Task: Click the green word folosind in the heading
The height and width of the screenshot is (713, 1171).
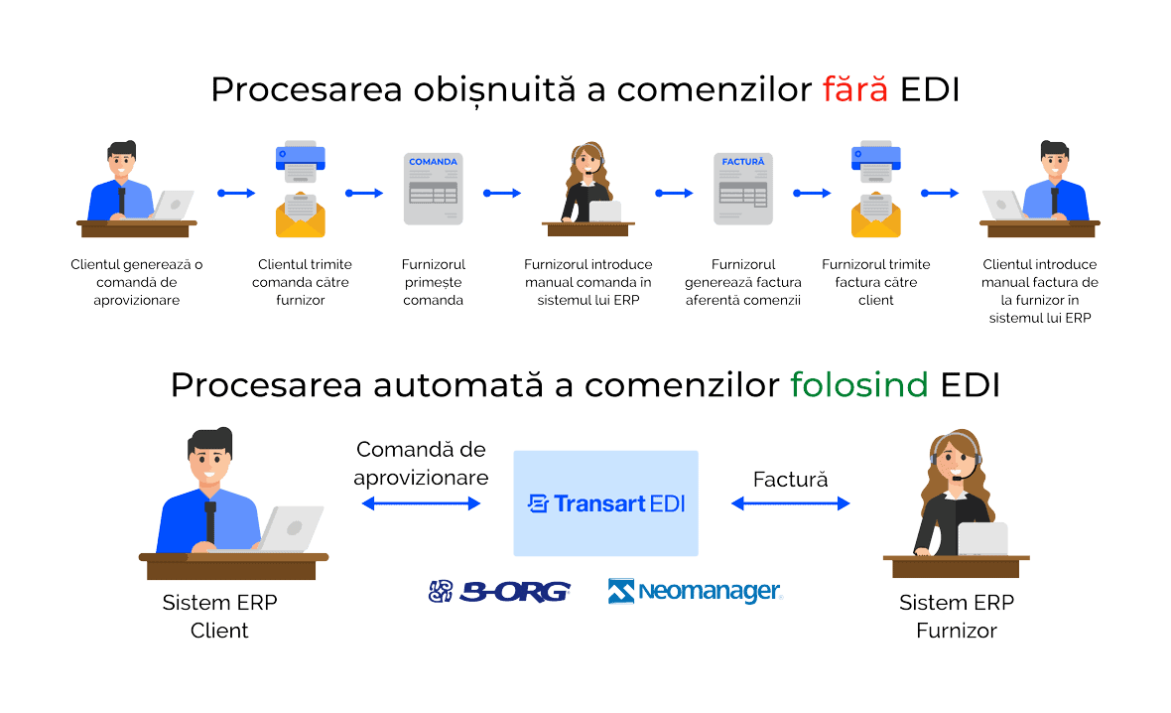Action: (x=859, y=385)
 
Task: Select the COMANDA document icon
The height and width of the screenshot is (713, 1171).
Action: (x=433, y=189)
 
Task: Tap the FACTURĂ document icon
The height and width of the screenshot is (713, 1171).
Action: (x=743, y=189)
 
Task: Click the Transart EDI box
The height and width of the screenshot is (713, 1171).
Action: (x=605, y=503)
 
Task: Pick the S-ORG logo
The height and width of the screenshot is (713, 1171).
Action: (x=499, y=592)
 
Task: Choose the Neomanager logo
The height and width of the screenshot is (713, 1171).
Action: (x=696, y=592)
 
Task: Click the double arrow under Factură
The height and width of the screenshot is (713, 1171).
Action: (x=791, y=504)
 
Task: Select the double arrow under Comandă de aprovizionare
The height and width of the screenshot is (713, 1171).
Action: (x=421, y=504)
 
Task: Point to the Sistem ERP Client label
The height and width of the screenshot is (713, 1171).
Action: (x=220, y=617)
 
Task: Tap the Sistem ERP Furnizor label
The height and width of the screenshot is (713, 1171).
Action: (x=957, y=617)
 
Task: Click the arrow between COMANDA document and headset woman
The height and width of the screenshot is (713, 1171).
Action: (x=502, y=193)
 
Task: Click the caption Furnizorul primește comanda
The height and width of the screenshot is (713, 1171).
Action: (x=434, y=282)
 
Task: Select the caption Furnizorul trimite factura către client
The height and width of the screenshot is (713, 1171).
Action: (x=876, y=282)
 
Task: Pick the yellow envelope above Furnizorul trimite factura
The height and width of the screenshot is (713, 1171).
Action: (x=875, y=215)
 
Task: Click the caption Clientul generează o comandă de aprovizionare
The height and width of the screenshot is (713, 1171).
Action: (x=137, y=282)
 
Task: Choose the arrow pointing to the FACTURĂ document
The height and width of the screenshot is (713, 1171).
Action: (x=674, y=193)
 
